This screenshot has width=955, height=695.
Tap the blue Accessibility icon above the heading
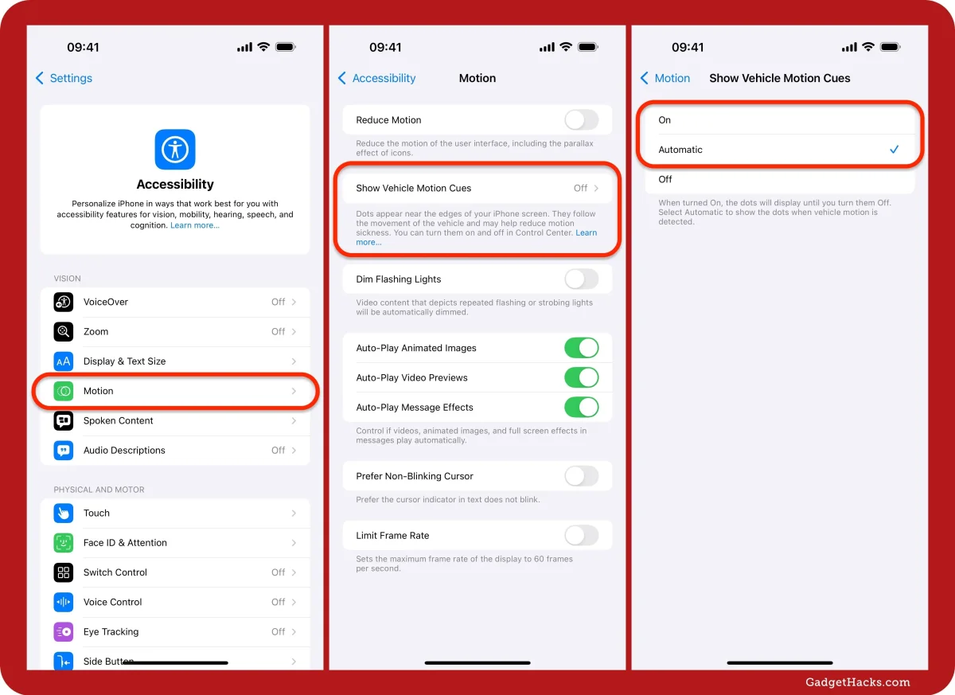tap(175, 149)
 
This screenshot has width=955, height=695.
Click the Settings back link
tap(64, 78)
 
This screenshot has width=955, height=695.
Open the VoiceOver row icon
tap(64, 302)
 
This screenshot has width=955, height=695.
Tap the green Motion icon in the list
tap(64, 391)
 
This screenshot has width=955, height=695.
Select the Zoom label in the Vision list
tap(96, 332)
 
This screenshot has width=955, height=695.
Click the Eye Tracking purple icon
tap(64, 632)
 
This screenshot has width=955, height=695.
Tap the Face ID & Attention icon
tap(64, 543)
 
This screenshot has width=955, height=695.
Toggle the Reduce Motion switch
tap(582, 119)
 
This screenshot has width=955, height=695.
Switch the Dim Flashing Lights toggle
tap(582, 279)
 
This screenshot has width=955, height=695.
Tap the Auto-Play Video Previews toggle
tap(582, 378)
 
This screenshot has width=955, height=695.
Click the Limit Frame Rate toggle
tap(582, 536)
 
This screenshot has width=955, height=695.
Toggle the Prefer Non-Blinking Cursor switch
tap(582, 476)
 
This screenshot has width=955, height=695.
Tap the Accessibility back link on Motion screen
tap(377, 78)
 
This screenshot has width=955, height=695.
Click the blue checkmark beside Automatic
tap(894, 149)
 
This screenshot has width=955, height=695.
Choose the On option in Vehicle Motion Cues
tap(665, 119)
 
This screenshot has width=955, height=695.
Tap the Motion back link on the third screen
tap(665, 78)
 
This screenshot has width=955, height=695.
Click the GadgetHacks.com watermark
tap(858, 682)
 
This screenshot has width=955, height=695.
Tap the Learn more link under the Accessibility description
tap(195, 225)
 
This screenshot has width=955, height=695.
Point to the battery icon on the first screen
tap(286, 47)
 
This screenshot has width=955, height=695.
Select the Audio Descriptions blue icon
tap(64, 451)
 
